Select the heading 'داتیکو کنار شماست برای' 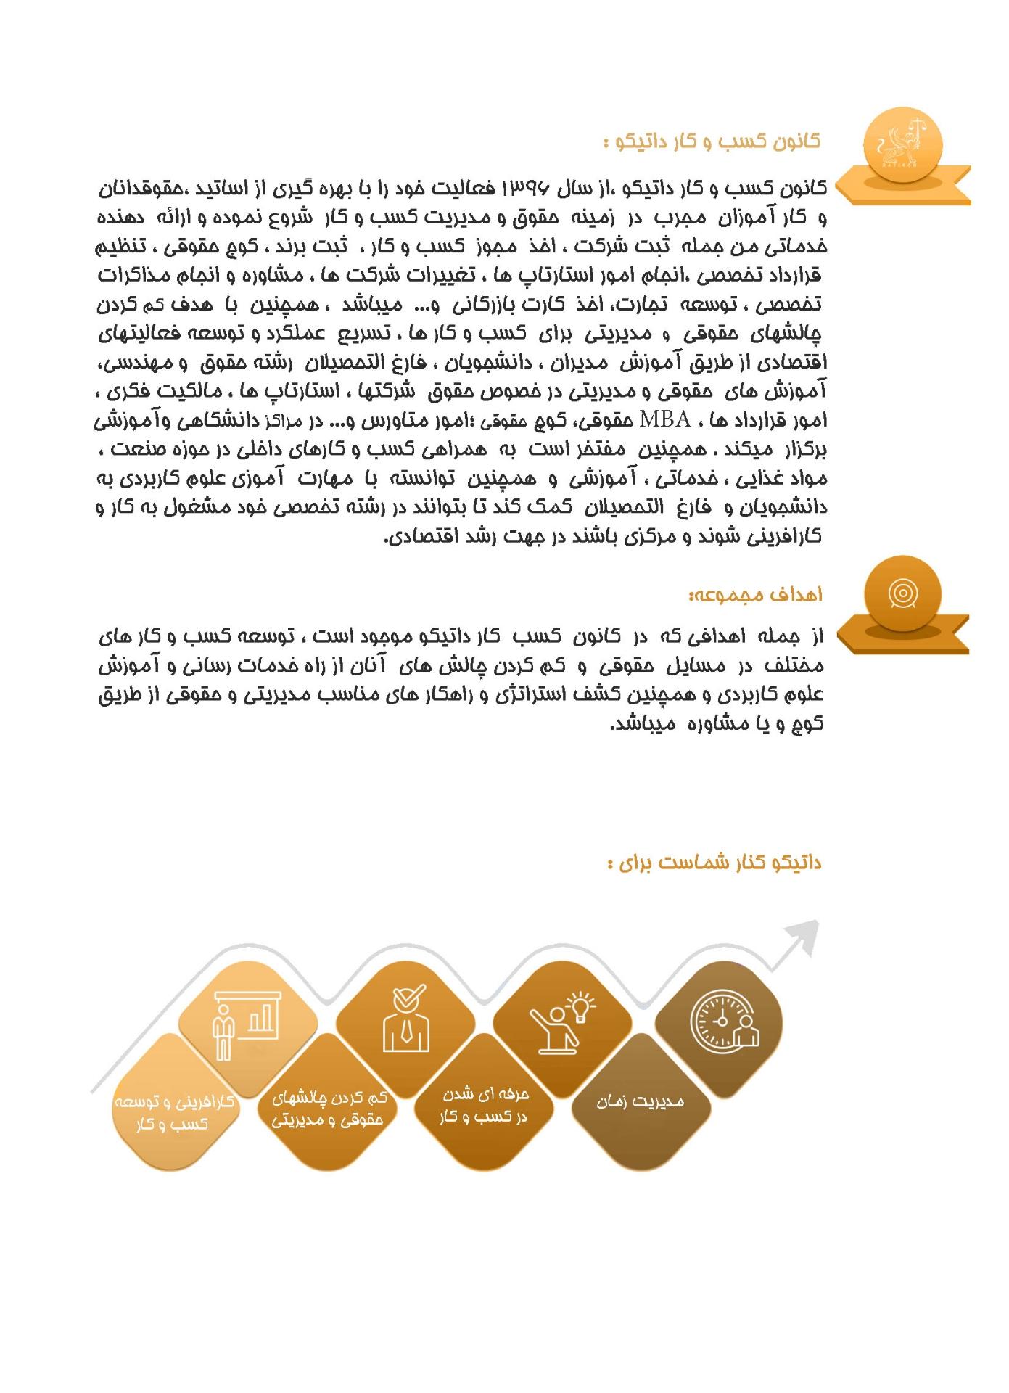point(715,863)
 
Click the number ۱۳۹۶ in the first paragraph point(530,190)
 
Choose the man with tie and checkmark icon point(406,1020)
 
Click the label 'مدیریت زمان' point(641,1101)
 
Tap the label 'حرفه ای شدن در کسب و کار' point(484,1105)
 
